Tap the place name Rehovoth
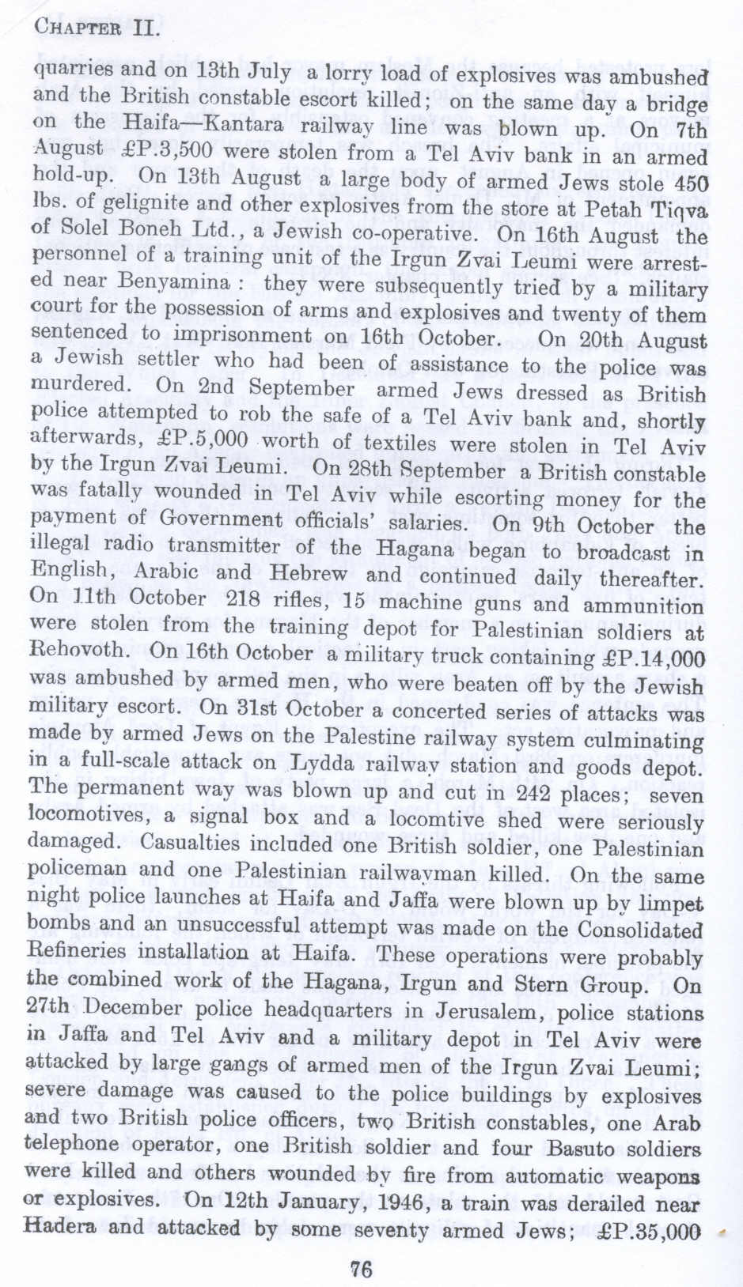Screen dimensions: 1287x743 pos(77,651)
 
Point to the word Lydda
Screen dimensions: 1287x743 pos(323,764)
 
